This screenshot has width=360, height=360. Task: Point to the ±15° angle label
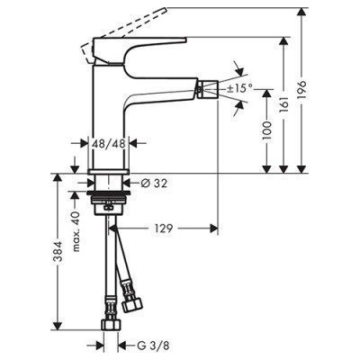click(x=238, y=89)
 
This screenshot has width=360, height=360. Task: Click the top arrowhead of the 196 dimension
click(x=329, y=11)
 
